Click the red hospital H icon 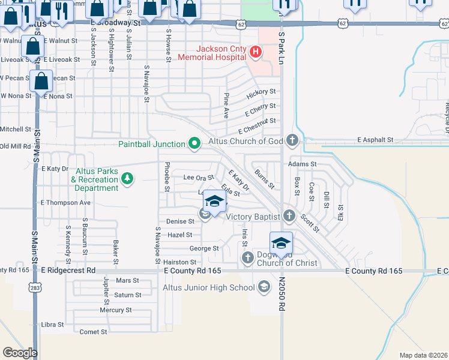[255, 53]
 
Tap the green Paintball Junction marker [194, 143]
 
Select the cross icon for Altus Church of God [292, 141]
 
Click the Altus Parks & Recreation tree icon [127, 178]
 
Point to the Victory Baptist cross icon [289, 216]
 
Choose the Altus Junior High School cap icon [264, 287]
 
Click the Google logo [20, 353]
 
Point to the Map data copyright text [423, 355]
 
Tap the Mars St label [127, 280]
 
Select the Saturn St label [127, 295]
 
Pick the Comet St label [92, 332]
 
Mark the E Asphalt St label [375, 140]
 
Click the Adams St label [302, 163]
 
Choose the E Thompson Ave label [65, 203]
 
